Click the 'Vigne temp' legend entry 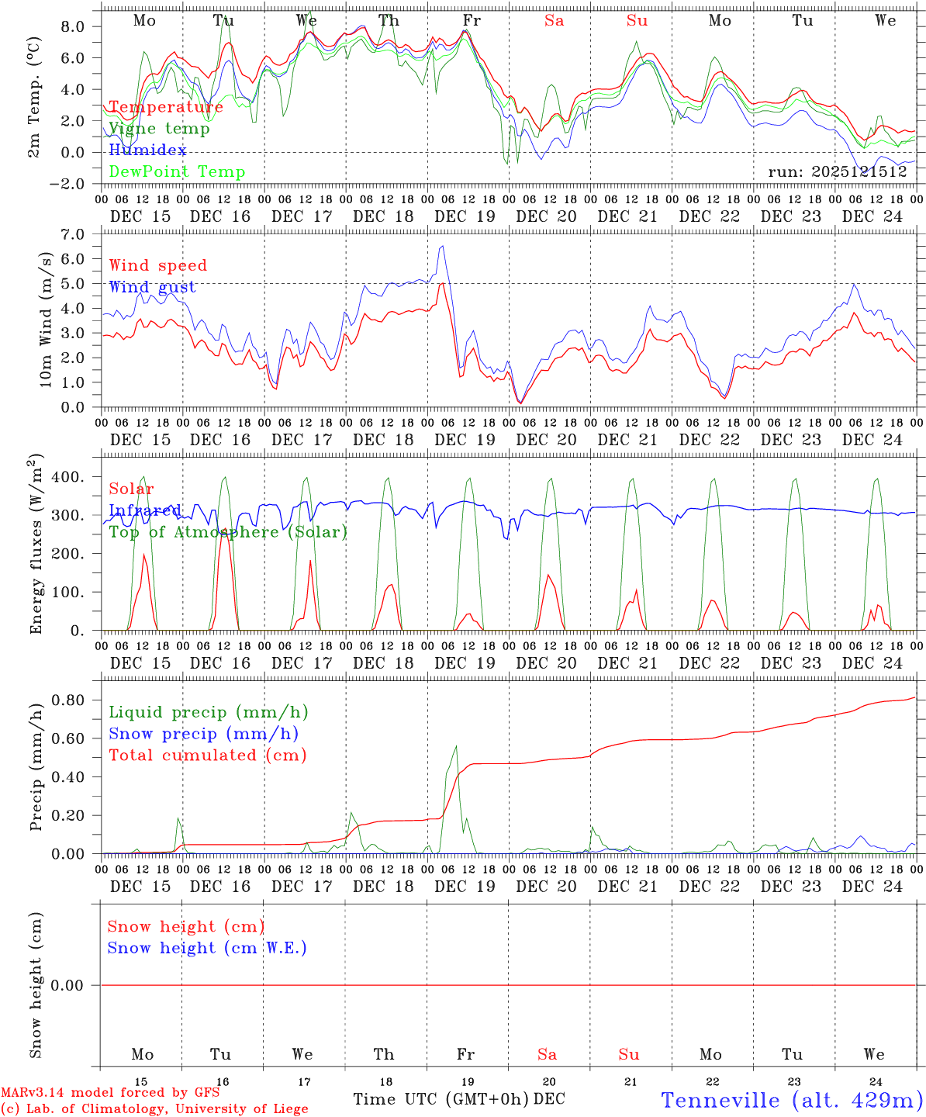[159, 129]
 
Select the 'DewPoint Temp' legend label [177, 171]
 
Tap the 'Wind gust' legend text [152, 287]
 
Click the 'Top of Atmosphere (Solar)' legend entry [228, 532]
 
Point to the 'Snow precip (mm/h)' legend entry [203, 734]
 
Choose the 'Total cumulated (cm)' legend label [207, 755]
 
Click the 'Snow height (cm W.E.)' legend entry [207, 948]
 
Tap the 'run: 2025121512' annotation [838, 171]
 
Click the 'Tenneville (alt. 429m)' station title [792, 1100]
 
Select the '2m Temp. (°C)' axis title [35, 97]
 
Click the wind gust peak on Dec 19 [442, 247]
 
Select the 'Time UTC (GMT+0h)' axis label [441, 1099]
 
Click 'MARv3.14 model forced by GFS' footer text [110, 1093]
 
